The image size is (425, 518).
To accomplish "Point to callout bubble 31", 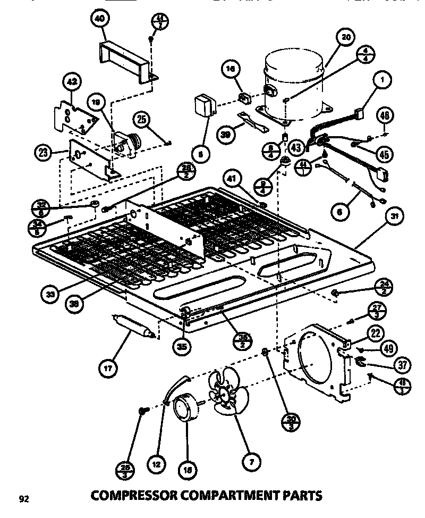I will (x=394, y=216).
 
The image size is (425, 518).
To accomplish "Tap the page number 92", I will (x=23, y=498).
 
